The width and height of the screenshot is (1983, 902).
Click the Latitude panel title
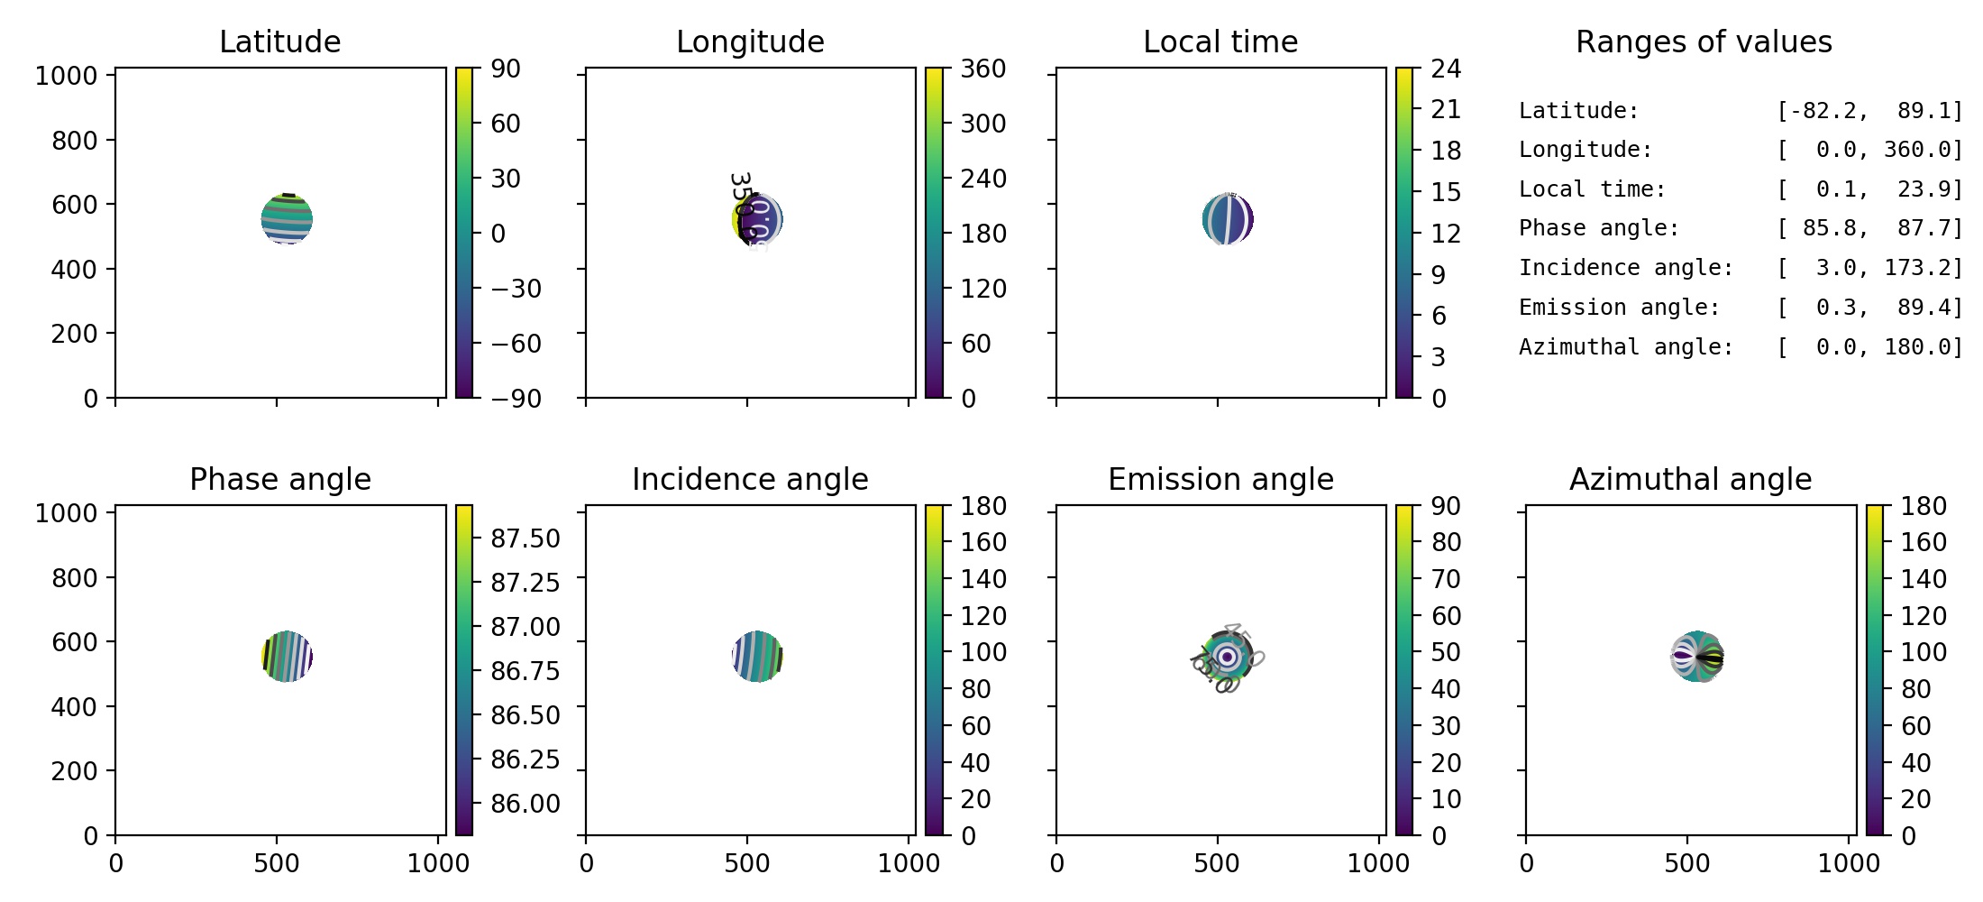[x=279, y=41]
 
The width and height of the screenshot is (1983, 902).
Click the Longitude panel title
[x=750, y=41]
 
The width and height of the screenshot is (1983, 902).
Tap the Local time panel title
[x=1220, y=41]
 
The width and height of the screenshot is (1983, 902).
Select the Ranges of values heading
[x=1704, y=41]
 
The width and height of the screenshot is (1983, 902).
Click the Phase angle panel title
[x=279, y=479]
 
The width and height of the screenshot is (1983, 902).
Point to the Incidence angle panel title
[x=750, y=479]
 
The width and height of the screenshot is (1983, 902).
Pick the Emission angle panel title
[x=1220, y=479]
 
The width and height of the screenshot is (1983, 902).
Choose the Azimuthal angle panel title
[x=1690, y=479]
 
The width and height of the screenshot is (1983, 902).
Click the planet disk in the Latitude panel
[x=287, y=219]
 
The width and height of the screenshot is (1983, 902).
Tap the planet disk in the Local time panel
[x=1228, y=219]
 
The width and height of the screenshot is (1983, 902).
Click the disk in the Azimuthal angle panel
[x=1697, y=657]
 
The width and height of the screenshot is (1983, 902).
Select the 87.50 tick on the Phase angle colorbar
[x=525, y=538]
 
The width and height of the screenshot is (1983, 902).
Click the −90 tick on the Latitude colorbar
[x=516, y=398]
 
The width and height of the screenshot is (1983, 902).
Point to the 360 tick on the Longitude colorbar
[x=982, y=69]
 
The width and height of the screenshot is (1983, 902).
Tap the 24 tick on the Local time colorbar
[x=1446, y=69]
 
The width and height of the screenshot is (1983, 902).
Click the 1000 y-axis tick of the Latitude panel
[x=66, y=76]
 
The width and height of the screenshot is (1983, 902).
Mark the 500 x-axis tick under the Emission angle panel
[x=1217, y=863]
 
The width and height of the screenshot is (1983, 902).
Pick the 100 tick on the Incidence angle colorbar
[x=982, y=652]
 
